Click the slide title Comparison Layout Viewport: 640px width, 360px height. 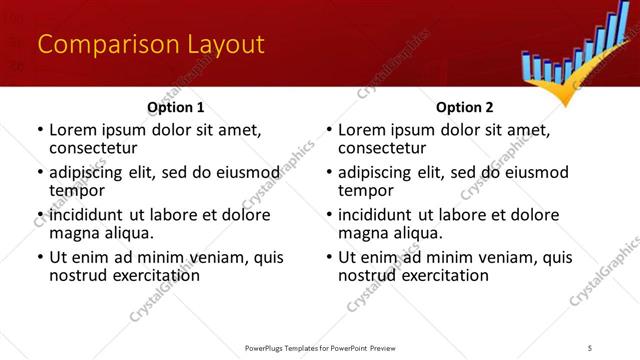[x=150, y=45]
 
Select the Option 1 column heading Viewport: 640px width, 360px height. [x=175, y=107]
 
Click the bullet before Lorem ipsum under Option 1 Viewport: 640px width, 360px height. [x=40, y=131]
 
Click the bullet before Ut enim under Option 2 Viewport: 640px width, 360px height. [x=329, y=257]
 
